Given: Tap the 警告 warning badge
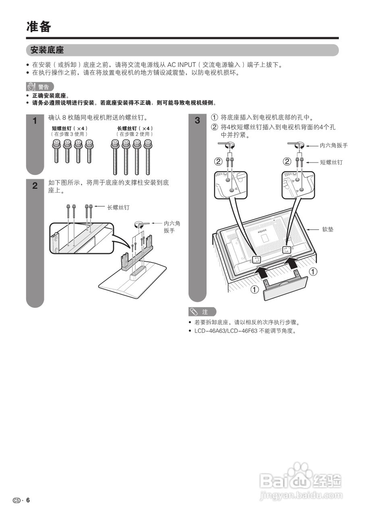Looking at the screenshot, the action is coord(40,87).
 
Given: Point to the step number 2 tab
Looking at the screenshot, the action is coord(35,186).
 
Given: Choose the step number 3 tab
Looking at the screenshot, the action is coord(197,121).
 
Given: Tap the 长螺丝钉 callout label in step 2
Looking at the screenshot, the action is coord(118,208).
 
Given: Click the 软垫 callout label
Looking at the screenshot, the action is coord(327,229).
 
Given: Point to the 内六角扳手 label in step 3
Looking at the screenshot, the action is coord(333,146).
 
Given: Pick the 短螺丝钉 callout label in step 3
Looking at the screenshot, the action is coord(331,162).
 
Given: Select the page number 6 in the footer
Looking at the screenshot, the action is coord(28,500).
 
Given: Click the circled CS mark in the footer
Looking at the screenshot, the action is coord(16,500).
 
